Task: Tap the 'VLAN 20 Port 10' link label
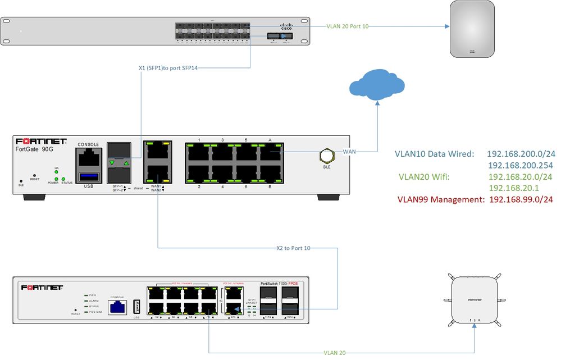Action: pos(348,26)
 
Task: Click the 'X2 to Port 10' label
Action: pos(293,248)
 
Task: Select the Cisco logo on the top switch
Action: pos(287,26)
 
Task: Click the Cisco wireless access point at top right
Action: pos(472,29)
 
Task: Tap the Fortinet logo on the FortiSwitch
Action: pos(42,287)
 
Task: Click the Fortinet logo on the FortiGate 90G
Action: pos(42,142)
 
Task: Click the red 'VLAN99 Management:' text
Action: pos(441,199)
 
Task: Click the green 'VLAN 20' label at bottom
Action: pos(335,353)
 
